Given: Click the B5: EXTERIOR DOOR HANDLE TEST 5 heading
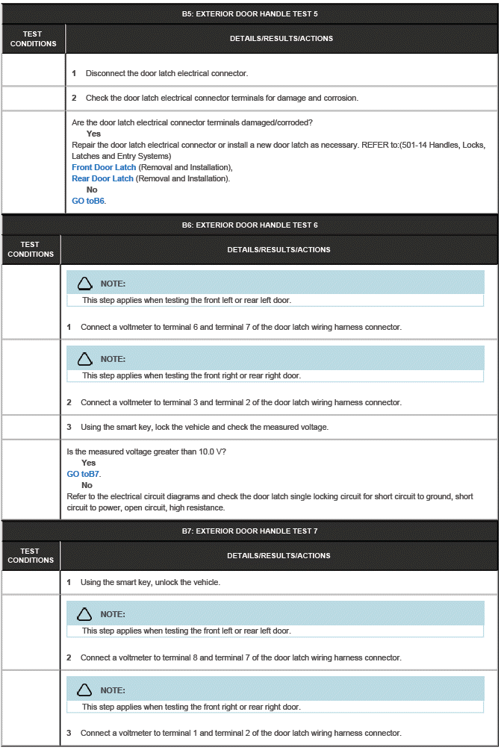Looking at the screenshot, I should [249, 14].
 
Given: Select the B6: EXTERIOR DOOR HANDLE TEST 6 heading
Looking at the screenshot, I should [249, 225].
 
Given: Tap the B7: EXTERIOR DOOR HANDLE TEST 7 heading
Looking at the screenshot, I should [249, 531].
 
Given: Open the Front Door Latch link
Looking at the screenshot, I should [104, 167].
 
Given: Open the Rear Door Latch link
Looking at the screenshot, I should [102, 178].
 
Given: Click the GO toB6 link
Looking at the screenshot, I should [88, 201].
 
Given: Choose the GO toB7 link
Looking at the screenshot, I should [83, 474].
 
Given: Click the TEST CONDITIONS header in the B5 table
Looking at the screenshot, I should [33, 39].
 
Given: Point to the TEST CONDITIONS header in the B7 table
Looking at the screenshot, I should [30, 555].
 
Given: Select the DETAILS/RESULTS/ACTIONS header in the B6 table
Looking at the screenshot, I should [278, 249].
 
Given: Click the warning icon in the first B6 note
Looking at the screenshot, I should [84, 284].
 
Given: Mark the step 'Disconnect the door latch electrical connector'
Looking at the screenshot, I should [166, 73].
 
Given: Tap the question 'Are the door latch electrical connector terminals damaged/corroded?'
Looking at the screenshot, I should [192, 122].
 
